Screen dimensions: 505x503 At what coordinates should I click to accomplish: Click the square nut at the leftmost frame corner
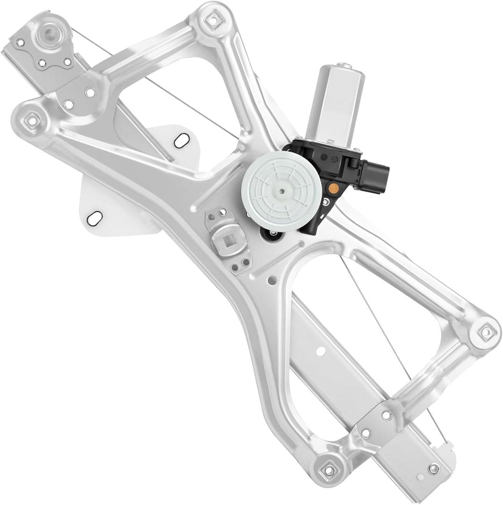click(31, 120)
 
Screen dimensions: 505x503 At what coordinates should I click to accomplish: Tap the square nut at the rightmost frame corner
click(485, 332)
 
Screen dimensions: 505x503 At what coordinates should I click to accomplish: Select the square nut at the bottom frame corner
click(330, 469)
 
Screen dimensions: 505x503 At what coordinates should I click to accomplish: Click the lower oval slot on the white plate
click(95, 217)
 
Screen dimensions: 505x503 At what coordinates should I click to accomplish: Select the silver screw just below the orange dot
click(326, 202)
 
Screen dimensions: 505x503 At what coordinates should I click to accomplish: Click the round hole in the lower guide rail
click(321, 350)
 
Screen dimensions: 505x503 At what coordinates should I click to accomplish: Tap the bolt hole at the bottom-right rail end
click(433, 468)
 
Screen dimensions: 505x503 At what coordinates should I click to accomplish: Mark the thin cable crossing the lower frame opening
click(374, 318)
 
